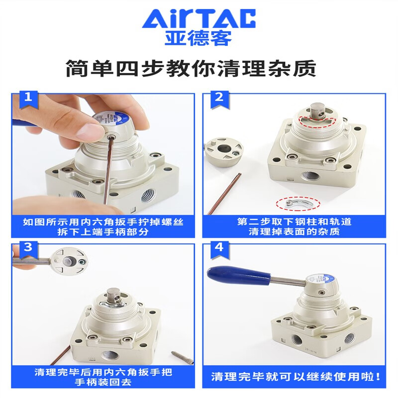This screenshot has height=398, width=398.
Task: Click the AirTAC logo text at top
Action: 199,19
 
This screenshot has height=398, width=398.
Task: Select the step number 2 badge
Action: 218,97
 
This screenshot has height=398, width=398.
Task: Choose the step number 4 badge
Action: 218,247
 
